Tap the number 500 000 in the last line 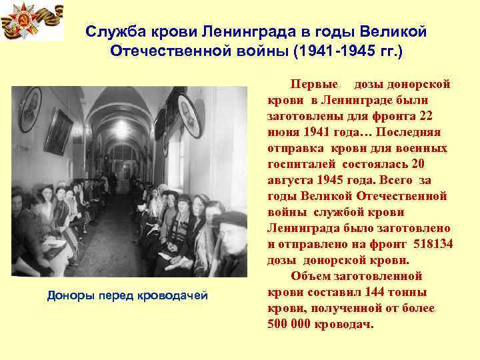(293, 324)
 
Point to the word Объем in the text (310, 276)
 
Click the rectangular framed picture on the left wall (59, 131)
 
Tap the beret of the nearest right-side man (229, 218)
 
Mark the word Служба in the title (113, 31)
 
